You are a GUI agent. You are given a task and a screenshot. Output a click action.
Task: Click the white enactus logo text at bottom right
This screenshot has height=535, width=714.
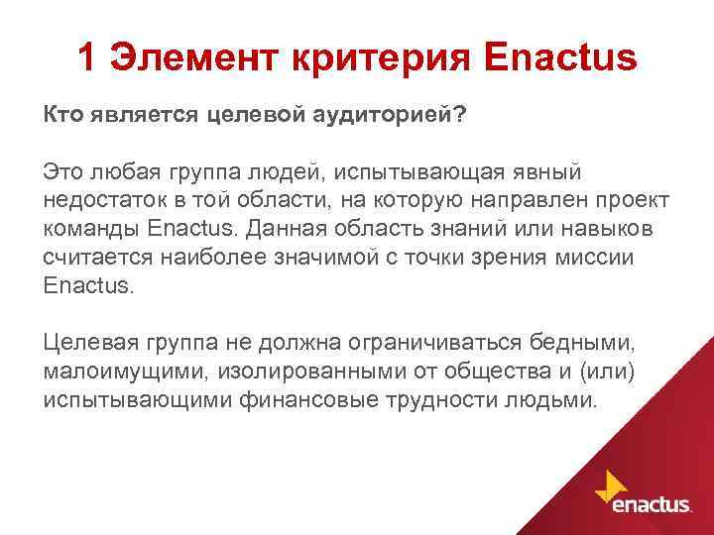point(652,505)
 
